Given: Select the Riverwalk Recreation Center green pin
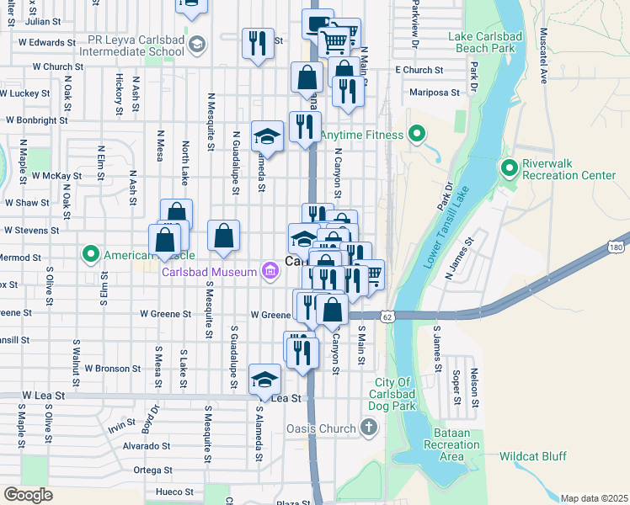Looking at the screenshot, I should (x=509, y=168).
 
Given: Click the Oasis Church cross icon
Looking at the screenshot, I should (x=368, y=428).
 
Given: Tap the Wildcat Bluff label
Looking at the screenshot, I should (x=533, y=456).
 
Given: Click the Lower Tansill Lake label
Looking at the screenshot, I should (x=454, y=226).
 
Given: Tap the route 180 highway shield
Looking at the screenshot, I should (x=617, y=247).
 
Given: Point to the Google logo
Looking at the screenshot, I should (x=28, y=494).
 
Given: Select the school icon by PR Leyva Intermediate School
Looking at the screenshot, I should (x=196, y=44).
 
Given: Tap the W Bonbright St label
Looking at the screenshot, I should (x=36, y=120).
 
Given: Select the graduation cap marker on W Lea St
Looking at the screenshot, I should (x=264, y=379).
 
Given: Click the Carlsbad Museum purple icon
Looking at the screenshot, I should (x=270, y=271).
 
